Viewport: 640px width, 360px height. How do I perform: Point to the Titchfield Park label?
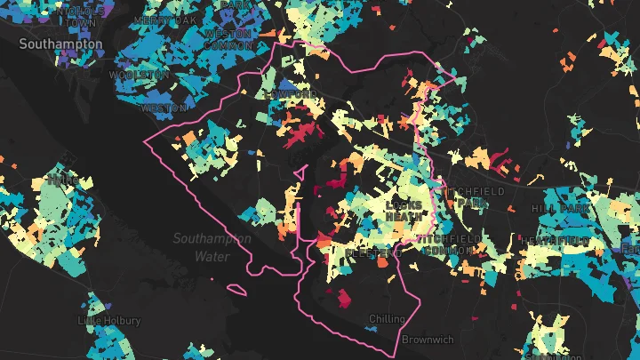point(481,197)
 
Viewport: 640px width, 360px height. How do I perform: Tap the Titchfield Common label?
point(449,246)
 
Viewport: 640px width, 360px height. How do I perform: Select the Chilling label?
point(387,319)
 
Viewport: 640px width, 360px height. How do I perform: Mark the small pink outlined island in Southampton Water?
point(237,288)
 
